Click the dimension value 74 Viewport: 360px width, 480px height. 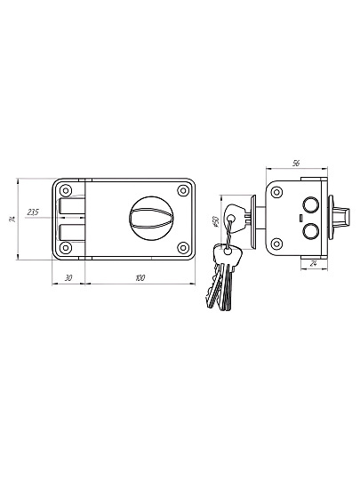(12, 219)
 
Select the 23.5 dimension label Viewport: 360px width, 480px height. (33, 212)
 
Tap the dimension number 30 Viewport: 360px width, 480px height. (68, 278)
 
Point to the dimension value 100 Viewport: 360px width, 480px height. (140, 278)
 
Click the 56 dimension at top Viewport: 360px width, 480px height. (296, 164)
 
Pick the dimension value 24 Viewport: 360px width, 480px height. (313, 264)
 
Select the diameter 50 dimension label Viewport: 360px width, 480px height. (216, 221)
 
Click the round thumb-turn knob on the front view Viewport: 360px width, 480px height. (150, 219)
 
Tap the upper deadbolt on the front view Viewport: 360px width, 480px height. (71, 205)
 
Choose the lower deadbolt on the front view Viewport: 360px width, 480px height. (71, 232)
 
